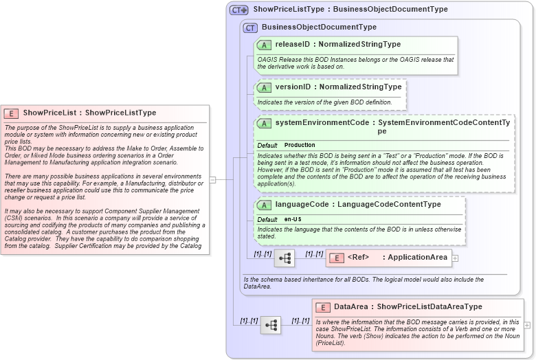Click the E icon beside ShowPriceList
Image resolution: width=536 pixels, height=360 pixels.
coord(11,113)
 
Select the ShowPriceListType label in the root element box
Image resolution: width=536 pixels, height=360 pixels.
coord(120,113)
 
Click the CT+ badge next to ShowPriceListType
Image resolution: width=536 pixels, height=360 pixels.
coord(238,10)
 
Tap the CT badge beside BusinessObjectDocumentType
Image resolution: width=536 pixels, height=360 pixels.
coord(250,27)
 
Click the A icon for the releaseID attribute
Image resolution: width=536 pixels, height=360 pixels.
coord(264,45)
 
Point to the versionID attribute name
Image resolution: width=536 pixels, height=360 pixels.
coord(293,87)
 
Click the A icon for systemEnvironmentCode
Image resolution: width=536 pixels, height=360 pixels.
coord(264,123)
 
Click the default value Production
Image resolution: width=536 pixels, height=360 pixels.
coord(300,145)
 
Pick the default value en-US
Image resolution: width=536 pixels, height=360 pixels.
coord(293,219)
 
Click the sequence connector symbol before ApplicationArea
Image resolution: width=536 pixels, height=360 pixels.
coord(284,258)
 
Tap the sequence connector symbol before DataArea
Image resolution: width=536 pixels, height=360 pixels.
coord(270,325)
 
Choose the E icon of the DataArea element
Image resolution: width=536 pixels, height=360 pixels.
coord(322,306)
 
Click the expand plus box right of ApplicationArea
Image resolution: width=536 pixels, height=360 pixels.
coord(455,258)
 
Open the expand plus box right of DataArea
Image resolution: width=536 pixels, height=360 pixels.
coord(527,325)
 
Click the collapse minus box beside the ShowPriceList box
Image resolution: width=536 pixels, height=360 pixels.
coord(213,180)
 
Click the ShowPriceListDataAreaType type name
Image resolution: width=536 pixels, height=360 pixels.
coord(429,306)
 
